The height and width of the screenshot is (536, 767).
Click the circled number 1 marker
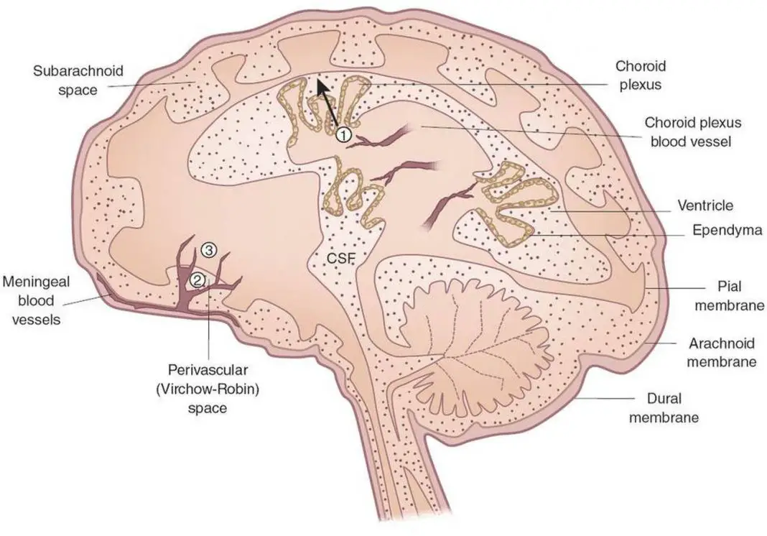point(343,134)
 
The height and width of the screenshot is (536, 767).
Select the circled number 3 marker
point(208,251)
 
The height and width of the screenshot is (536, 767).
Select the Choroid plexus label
point(640,75)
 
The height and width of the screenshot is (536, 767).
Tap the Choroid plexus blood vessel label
point(687,132)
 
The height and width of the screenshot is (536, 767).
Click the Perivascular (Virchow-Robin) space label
point(208,389)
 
